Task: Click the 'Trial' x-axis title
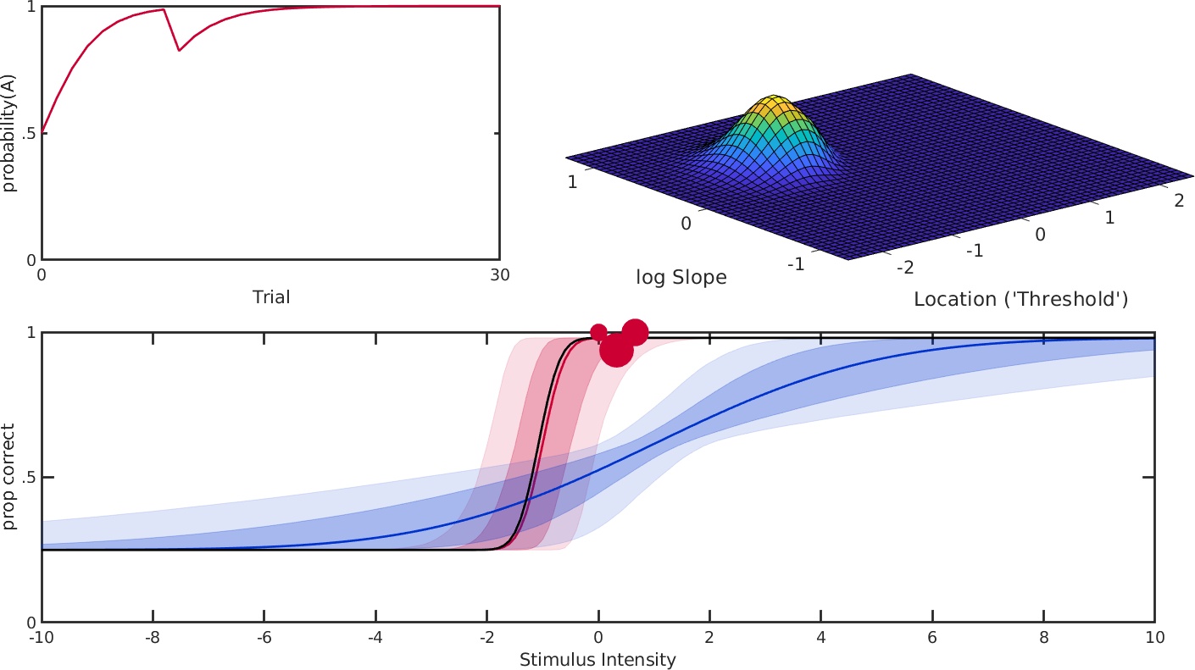point(271,297)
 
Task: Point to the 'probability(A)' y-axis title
point(9,134)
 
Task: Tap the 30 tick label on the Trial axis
point(499,274)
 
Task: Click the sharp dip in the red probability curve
point(179,51)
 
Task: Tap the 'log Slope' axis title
point(681,278)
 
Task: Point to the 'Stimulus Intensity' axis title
point(597,659)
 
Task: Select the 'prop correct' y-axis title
point(9,478)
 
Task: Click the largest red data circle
point(616,350)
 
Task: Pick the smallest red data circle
point(598,332)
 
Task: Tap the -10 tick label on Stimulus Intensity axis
point(42,638)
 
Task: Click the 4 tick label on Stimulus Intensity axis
point(820,638)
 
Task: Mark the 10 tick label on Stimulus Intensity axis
point(1154,638)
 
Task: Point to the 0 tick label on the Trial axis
point(42,274)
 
